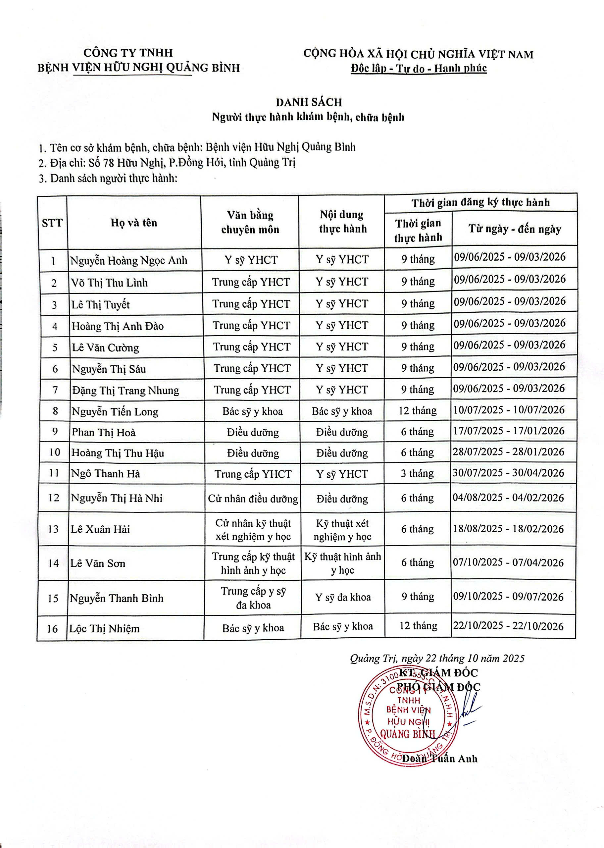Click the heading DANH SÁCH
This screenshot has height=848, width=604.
click(x=309, y=102)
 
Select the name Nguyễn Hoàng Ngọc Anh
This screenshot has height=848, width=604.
click(x=129, y=260)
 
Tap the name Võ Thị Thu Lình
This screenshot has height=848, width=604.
click(x=109, y=283)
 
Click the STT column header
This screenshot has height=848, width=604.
click(x=52, y=223)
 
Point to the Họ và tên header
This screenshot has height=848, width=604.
click(x=134, y=223)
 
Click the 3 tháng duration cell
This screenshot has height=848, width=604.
click(x=417, y=473)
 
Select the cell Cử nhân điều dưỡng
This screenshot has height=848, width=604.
click(x=253, y=499)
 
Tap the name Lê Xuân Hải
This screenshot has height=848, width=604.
click(x=100, y=529)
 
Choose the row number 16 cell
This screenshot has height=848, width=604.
click(x=52, y=629)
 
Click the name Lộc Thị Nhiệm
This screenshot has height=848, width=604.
click(x=105, y=629)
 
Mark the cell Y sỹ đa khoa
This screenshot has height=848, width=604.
click(x=343, y=597)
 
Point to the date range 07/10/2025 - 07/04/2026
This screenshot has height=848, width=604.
click(x=508, y=562)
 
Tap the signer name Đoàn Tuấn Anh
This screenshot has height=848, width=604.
click(x=440, y=758)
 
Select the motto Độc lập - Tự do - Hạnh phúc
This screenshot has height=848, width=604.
click(x=419, y=69)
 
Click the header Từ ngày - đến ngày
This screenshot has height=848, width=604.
click(x=515, y=229)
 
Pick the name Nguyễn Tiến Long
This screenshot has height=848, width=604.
click(x=115, y=412)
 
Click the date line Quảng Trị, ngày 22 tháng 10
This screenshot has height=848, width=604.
click(x=437, y=658)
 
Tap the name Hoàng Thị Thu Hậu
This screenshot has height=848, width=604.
click(x=118, y=453)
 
